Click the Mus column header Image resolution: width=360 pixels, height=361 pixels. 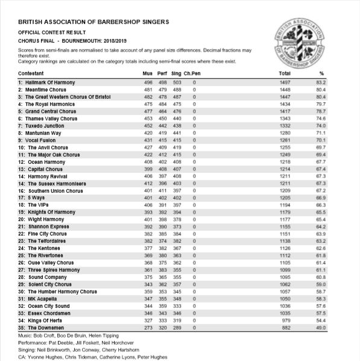click(147, 72)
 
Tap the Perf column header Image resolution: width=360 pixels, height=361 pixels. click(162, 72)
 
